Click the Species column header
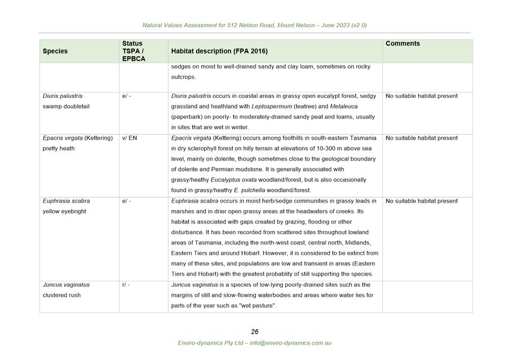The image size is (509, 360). pyautogui.click(x=55, y=51)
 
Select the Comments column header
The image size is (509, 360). pyautogui.click(x=402, y=44)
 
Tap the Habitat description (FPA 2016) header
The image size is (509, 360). pyautogui.click(x=219, y=51)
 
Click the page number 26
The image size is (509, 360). pyautogui.click(x=255, y=332)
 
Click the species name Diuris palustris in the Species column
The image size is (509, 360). pyautogui.click(x=63, y=96)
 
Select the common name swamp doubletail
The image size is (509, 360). pyautogui.click(x=66, y=106)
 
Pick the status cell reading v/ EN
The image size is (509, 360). pyautogui.click(x=130, y=138)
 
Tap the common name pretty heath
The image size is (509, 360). pyautogui.click(x=58, y=148)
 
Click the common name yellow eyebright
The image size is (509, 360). pyautogui.click(x=64, y=211)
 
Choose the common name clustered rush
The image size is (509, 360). pyautogui.click(x=62, y=295)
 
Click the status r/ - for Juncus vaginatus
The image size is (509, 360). pyautogui.click(x=126, y=285)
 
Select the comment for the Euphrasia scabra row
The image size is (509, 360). pyautogui.click(x=421, y=201)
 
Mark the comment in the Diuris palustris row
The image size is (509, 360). pyautogui.click(x=421, y=96)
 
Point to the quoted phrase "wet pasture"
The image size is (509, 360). pyautogui.click(x=259, y=306)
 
